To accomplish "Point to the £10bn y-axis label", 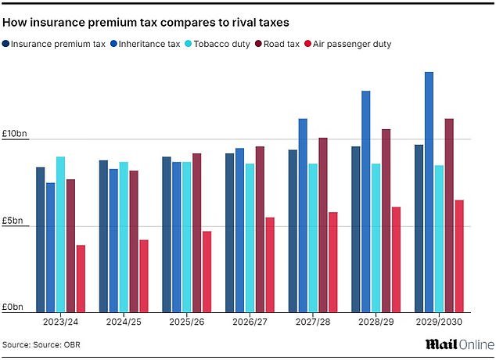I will [x=15, y=135].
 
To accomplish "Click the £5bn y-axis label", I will [x=13, y=221].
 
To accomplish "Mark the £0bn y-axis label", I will [x=13, y=307].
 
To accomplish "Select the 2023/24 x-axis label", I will [x=60, y=322].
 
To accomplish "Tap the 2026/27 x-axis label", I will [x=250, y=322].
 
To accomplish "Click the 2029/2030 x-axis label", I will [x=439, y=322].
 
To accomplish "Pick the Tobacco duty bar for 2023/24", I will [x=60, y=235].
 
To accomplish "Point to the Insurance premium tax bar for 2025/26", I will [x=167, y=235].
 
